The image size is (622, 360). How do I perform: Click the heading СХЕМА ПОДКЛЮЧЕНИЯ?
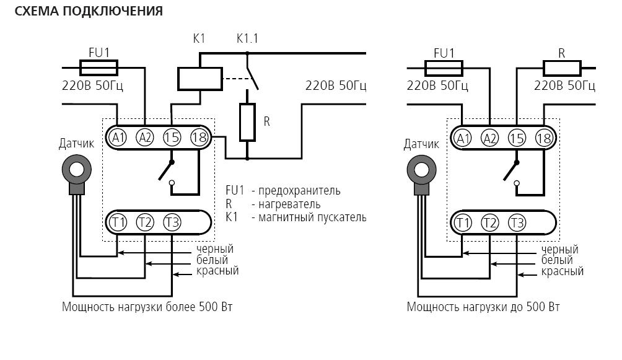coord(89,11)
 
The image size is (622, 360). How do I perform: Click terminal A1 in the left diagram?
coord(118,138)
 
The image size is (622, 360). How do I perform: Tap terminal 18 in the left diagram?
coord(199,138)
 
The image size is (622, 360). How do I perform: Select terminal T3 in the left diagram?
coord(172,222)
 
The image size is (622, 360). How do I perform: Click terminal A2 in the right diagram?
coord(489,138)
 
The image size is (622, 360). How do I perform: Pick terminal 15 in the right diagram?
coord(517,138)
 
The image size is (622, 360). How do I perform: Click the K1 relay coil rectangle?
coord(199,78)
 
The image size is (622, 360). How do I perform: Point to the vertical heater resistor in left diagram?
coord(247,122)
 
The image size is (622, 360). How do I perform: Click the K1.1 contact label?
coord(247,38)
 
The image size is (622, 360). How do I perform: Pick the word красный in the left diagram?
coord(217,271)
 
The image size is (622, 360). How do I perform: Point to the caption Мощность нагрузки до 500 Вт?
coord(483,307)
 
